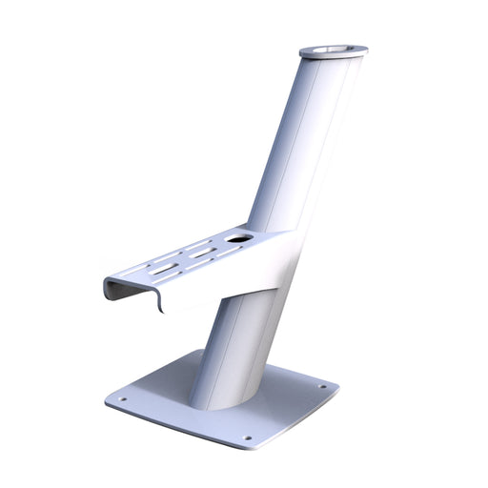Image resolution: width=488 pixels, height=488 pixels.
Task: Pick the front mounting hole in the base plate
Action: [248, 438]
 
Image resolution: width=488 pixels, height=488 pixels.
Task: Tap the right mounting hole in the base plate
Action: [322, 387]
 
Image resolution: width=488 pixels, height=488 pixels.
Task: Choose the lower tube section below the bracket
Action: [234, 353]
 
